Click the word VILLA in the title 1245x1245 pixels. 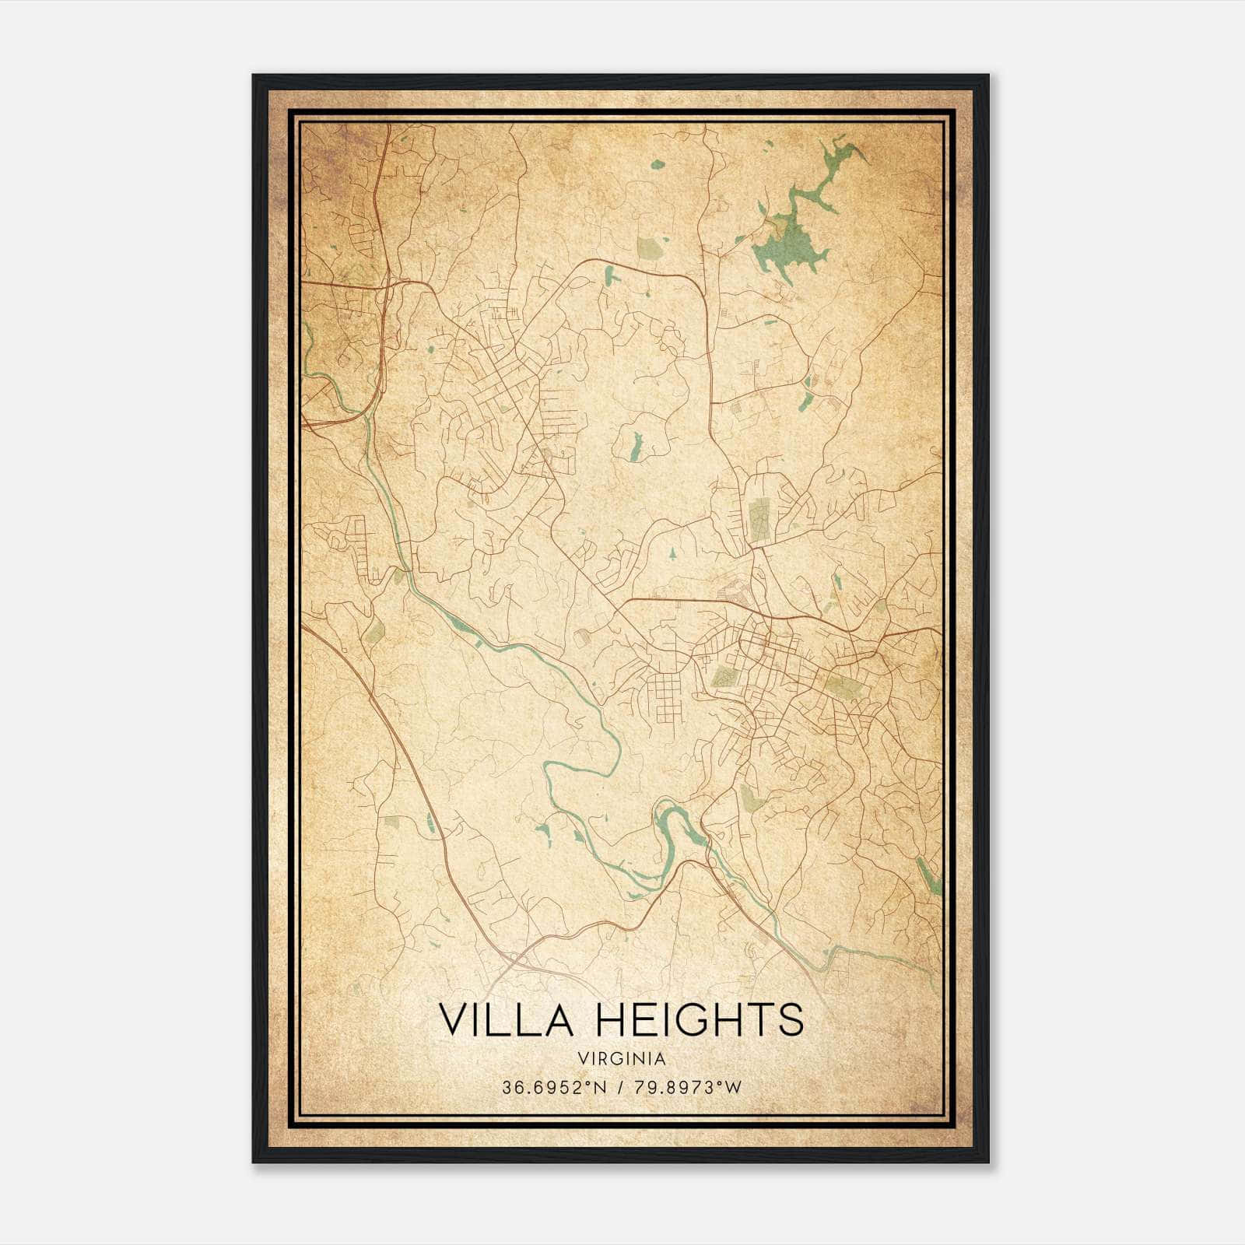506,1019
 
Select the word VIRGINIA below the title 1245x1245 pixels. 622,1059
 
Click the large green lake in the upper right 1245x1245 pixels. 786,245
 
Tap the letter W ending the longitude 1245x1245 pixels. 732,1087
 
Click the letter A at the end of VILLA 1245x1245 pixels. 559,1019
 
